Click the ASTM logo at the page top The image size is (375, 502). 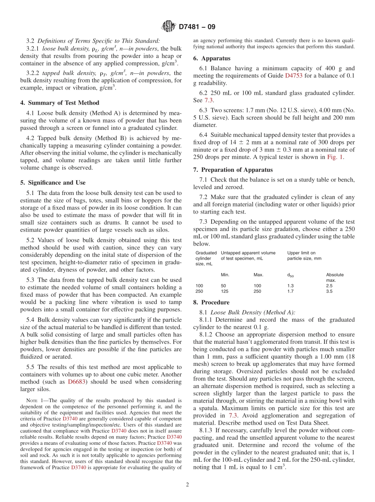point(169,27)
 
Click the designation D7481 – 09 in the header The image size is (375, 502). point(197,27)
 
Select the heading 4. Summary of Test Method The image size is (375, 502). point(60,103)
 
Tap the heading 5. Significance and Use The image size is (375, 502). point(52,183)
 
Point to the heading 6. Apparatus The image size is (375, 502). point(212,58)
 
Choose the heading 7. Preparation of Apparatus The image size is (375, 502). point(233,170)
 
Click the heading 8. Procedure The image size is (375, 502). point(211,302)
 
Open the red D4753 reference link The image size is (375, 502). point(293,75)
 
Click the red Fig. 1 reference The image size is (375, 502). point(336,157)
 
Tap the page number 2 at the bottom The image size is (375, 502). point(187,485)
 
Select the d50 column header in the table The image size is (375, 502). point(291,275)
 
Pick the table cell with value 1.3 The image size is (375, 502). point(291,285)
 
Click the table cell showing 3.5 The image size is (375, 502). point(329,291)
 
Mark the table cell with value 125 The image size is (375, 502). point(225,291)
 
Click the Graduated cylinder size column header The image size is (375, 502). point(206,258)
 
